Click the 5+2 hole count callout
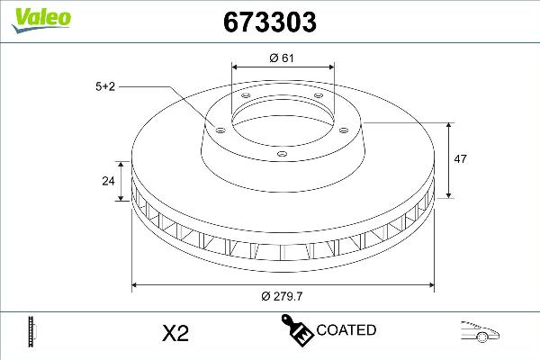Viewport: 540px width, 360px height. (105, 85)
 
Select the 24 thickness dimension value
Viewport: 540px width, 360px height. (108, 180)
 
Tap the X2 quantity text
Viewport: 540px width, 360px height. (174, 333)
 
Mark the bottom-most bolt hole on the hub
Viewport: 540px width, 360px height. (282, 154)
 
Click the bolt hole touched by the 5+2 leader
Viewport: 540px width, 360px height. (217, 127)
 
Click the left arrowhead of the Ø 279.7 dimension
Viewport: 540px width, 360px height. (136, 285)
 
